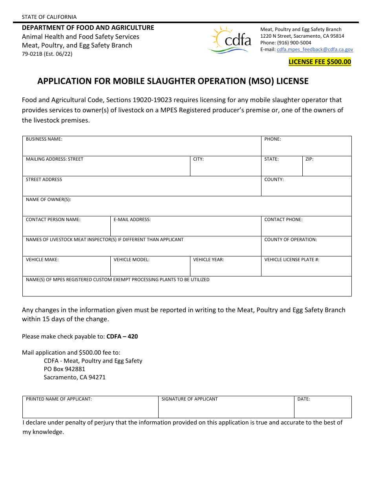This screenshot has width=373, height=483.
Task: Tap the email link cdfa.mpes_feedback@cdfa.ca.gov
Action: pyautogui.click(x=315, y=49)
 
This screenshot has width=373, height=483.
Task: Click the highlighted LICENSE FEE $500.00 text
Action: pyautogui.click(x=320, y=62)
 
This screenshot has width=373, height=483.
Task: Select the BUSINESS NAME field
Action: pyautogui.click(x=142, y=148)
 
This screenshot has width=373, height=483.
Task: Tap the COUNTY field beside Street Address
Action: pyautogui.click(x=306, y=188)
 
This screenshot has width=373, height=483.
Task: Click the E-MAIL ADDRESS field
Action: pyautogui.click(x=186, y=228)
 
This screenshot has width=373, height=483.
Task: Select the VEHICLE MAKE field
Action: pyautogui.click(x=66, y=268)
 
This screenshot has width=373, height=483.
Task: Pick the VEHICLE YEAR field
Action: pyautogui.click(x=225, y=268)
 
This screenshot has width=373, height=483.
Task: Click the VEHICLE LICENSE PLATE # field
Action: pyautogui.click(x=306, y=268)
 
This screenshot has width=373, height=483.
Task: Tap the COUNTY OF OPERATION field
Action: pyautogui.click(x=306, y=248)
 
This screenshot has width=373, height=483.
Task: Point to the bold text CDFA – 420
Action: pyautogui.click(x=122, y=337)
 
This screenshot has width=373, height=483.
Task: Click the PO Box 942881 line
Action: pyautogui.click(x=64, y=369)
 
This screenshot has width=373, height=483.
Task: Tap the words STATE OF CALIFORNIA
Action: pyautogui.click(x=49, y=17)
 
